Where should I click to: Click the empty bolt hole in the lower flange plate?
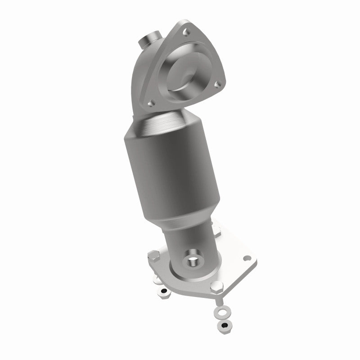[x=246, y=259]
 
